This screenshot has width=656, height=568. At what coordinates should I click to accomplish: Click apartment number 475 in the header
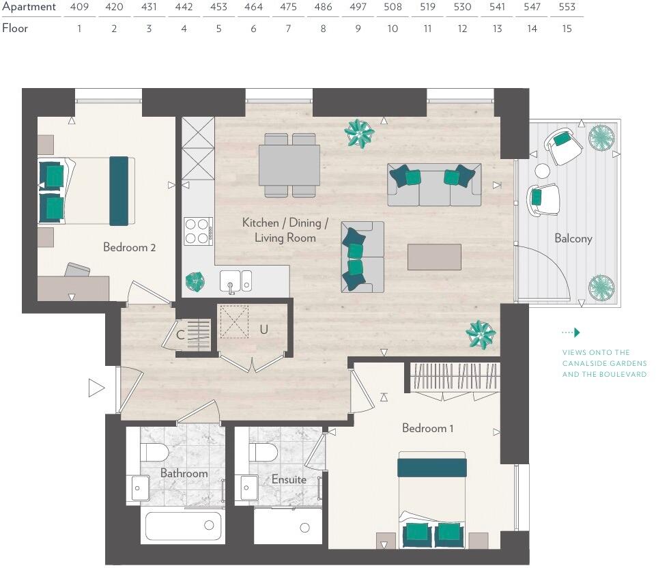(288, 7)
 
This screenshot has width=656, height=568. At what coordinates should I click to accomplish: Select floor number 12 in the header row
(462, 29)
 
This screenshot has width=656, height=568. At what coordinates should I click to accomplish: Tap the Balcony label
(573, 238)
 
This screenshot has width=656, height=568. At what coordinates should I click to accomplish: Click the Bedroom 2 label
(129, 247)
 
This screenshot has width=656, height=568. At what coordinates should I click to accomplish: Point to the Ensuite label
(289, 479)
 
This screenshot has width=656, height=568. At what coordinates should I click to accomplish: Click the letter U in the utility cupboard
(263, 330)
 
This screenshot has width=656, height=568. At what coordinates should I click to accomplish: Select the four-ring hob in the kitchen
(199, 231)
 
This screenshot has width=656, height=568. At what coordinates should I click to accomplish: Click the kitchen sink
(236, 281)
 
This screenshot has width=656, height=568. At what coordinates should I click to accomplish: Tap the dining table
(289, 165)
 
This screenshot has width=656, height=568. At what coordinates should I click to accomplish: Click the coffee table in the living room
(434, 257)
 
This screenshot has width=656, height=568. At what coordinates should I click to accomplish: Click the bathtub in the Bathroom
(183, 526)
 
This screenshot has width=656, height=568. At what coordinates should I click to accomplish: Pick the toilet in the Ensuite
(263, 452)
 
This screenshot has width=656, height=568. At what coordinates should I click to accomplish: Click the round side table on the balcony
(542, 171)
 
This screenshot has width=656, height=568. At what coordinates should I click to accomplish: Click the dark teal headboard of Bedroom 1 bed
(432, 468)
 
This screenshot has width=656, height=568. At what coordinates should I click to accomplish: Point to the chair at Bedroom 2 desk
(78, 270)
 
